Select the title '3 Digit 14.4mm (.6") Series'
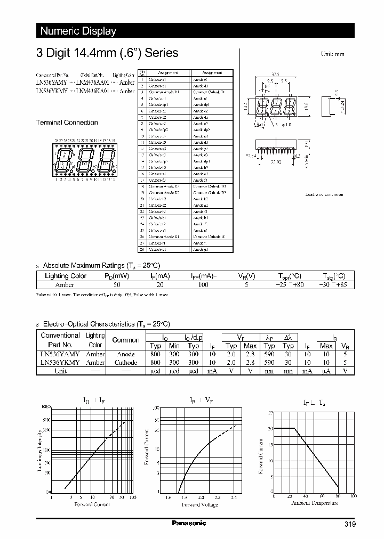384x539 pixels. tap(107, 53)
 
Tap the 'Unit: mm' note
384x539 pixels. tap(332, 54)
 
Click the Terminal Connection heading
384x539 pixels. tap(67, 123)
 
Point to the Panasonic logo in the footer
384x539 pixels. tap(189, 523)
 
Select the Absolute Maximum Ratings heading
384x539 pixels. tap(101, 265)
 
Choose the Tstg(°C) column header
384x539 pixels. tap(334, 276)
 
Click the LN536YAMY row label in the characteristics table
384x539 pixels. tap(60, 354)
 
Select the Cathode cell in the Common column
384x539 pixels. tap(126, 362)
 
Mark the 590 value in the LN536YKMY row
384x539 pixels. tap(269, 362)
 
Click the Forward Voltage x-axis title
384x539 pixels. tap(199, 504)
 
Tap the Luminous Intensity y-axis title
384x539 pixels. tap(40, 450)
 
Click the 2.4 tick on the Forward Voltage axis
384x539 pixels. tap(234, 497)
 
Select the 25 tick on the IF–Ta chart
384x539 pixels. tap(270, 413)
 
